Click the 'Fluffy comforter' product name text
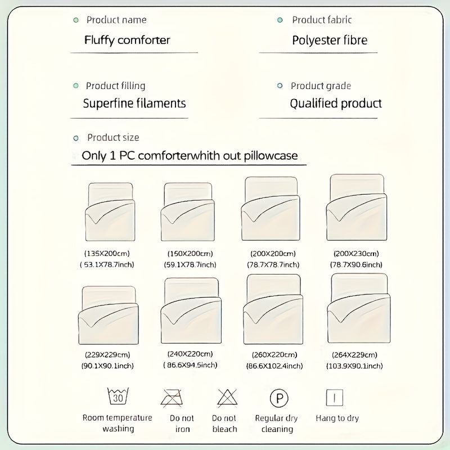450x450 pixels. pos(127,40)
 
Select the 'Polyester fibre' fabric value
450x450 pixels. pos(330,40)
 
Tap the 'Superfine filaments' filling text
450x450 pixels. pos(134,103)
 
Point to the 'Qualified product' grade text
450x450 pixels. pos(336,103)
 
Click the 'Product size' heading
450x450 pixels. pos(113,137)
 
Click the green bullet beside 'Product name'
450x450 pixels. pos(76,20)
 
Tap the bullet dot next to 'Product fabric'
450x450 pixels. pos(280,20)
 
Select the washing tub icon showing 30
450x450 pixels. pos(118,396)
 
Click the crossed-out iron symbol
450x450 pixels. pos(172,398)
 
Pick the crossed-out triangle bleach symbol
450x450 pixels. pos(227,398)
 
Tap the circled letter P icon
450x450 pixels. pos(279,398)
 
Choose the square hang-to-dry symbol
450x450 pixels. pos(335,398)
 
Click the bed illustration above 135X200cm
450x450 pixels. pos(110,212)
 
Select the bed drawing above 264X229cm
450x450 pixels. pos(359,308)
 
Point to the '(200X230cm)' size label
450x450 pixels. pos(356,254)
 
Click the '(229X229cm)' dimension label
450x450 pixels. pos(107,355)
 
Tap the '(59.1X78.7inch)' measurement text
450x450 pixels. pos(190,264)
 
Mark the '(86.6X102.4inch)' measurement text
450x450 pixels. pos(274,366)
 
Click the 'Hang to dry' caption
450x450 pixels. pos(337,418)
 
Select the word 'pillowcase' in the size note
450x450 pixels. pos(271,156)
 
